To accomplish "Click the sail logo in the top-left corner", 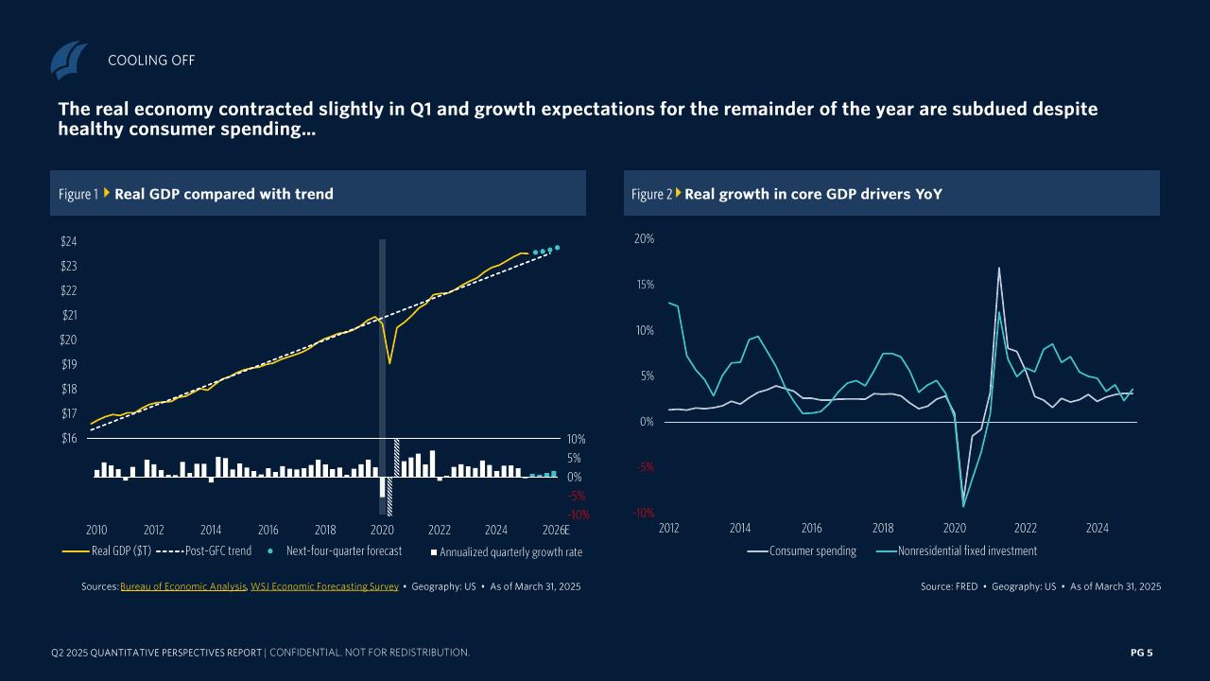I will tap(68, 61).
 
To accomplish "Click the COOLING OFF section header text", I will tap(151, 61).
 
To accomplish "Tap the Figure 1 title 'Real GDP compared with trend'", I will tap(223, 194).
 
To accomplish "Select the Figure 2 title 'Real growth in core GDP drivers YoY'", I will tap(813, 194).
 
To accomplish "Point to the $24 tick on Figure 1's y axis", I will tap(68, 241).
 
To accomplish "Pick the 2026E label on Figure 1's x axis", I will tap(556, 530).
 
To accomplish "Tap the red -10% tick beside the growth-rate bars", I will tap(579, 515).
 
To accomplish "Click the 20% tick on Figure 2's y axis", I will tap(643, 239).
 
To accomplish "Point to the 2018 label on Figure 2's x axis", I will tap(883, 528).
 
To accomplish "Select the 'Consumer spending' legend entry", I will tap(812, 550).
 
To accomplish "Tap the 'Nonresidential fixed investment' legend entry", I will tap(967, 550).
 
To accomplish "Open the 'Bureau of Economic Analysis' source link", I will tap(183, 587).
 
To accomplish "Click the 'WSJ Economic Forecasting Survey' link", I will tap(324, 587).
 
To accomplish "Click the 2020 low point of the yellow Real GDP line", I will tap(389, 363).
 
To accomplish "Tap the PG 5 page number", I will tap(1142, 653).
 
